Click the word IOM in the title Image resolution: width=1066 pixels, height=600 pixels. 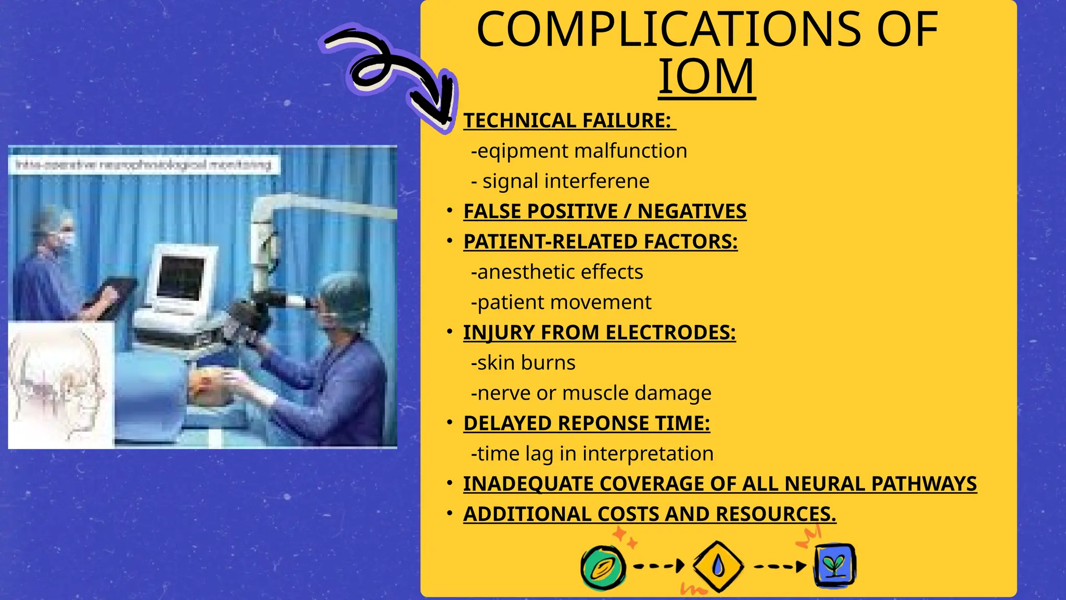click(x=706, y=77)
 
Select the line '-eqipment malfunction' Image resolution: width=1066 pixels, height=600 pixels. click(x=579, y=151)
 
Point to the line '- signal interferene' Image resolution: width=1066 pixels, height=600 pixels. click(x=560, y=181)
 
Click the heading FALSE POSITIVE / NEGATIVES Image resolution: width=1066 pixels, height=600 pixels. click(x=605, y=211)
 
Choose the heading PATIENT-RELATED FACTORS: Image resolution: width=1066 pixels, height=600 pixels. click(x=600, y=242)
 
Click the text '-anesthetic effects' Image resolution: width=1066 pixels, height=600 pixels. click(x=557, y=272)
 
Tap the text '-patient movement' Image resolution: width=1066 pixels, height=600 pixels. click(x=561, y=302)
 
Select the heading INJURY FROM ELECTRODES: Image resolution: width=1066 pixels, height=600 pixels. click(x=599, y=332)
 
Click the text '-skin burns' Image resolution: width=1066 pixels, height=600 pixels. click(x=523, y=362)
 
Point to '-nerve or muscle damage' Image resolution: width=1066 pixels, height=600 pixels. click(x=591, y=393)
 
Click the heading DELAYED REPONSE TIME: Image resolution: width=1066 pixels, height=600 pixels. click(x=587, y=423)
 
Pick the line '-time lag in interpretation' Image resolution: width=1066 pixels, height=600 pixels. click(x=592, y=453)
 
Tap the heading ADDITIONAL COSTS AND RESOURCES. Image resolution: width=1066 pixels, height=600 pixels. click(x=650, y=514)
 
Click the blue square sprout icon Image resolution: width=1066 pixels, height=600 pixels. click(x=835, y=566)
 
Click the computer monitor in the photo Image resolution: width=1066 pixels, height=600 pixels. click(x=181, y=276)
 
